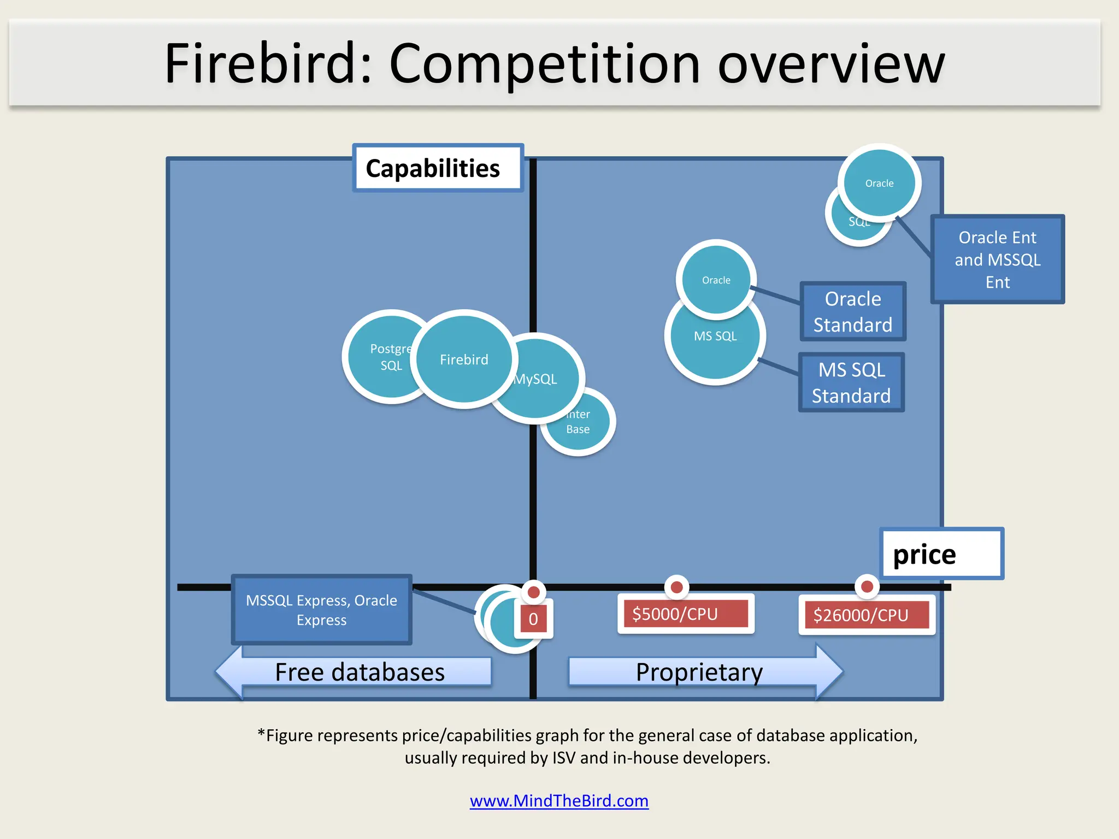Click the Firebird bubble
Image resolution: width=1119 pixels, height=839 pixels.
[464, 359]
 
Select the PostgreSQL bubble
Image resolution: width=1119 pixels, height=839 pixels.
[382, 357]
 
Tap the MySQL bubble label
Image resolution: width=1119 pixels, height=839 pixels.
[536, 379]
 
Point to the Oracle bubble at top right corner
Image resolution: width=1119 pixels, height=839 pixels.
[879, 183]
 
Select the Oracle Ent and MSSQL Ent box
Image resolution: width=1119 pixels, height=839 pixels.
[997, 259]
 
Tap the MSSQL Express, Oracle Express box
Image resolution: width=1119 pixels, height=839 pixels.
[321, 610]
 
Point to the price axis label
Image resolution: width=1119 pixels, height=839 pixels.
[941, 554]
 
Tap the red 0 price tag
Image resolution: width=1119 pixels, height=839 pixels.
[533, 619]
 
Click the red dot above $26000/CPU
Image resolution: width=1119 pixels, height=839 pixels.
[867, 587]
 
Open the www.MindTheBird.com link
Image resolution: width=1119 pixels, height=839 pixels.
[559, 801]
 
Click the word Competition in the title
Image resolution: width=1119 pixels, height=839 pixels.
[544, 64]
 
